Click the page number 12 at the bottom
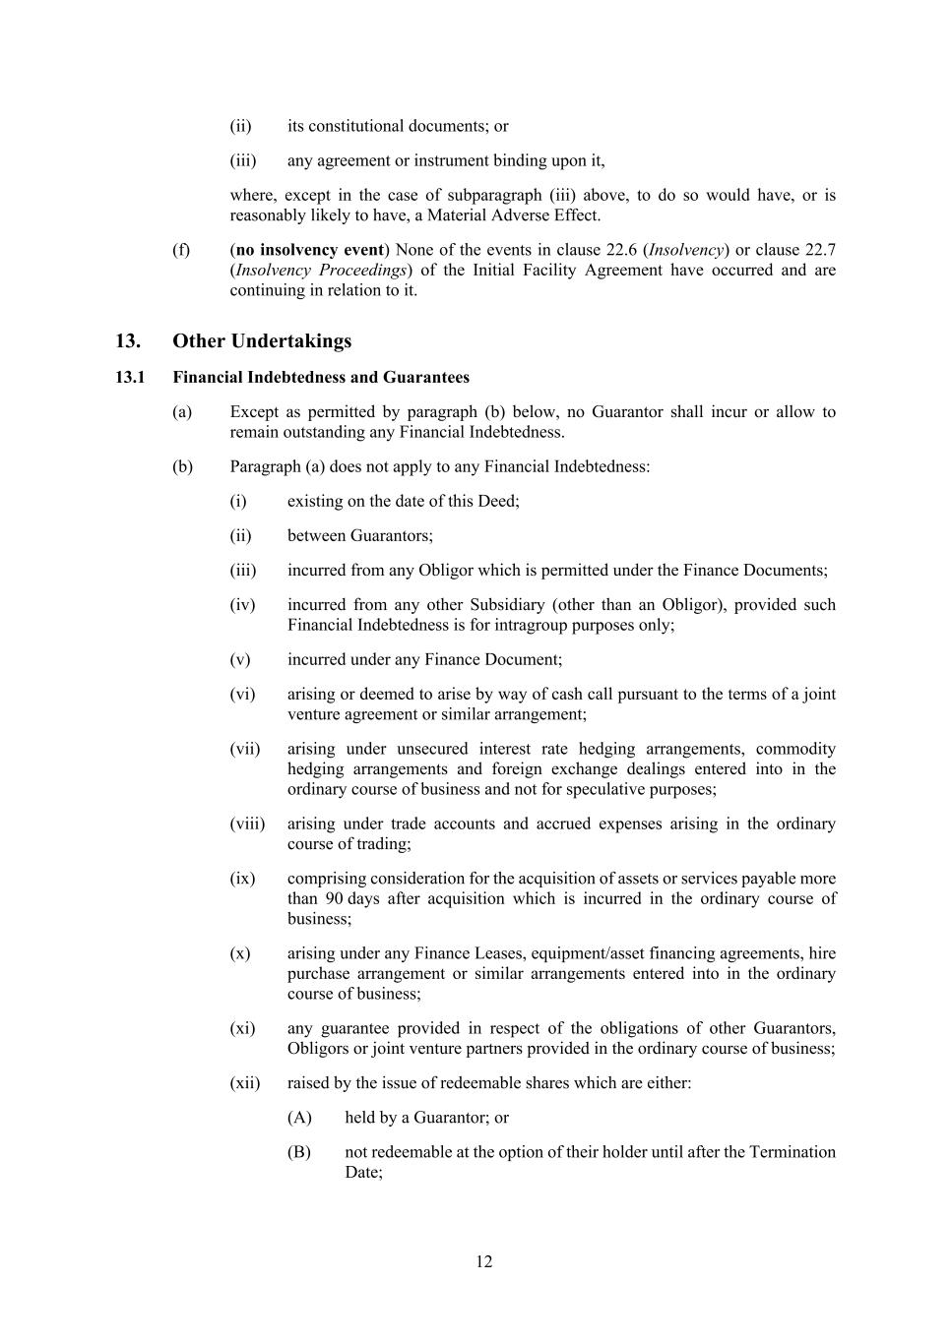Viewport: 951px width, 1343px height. click(x=483, y=1262)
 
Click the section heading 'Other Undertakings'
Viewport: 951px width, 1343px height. click(x=261, y=341)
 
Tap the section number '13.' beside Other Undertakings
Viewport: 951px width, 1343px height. click(x=128, y=341)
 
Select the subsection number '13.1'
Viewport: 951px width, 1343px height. click(x=130, y=378)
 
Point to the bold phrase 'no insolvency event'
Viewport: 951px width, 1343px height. click(x=310, y=250)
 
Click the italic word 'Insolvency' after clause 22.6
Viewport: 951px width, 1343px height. click(x=688, y=250)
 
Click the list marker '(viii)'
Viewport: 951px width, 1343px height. click(x=247, y=824)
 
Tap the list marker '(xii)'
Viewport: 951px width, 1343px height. click(x=245, y=1083)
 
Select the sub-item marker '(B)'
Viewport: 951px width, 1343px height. click(x=299, y=1152)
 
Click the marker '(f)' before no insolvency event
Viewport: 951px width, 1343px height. click(x=181, y=250)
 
